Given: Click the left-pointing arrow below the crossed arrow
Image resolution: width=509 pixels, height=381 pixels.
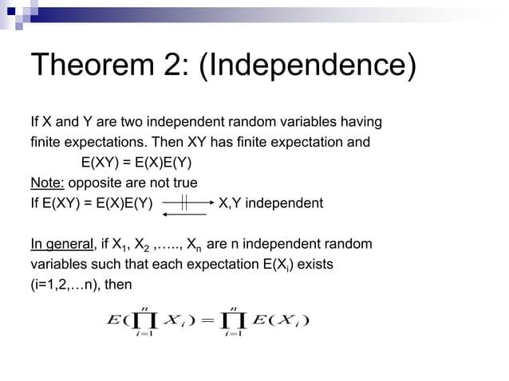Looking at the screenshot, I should tap(183, 214).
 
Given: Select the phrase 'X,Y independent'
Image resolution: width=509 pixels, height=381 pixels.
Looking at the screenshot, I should tap(270, 203).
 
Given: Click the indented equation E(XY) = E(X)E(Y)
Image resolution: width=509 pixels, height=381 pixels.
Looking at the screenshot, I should tap(136, 163).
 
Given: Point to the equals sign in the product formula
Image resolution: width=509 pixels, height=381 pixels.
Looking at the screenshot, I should tap(209, 321).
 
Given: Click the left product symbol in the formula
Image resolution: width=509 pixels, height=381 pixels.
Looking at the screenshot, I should tap(144, 322).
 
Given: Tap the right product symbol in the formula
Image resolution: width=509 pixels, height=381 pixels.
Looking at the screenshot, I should tap(233, 322).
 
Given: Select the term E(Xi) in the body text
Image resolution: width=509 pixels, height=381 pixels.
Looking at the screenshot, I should tap(275, 264).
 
